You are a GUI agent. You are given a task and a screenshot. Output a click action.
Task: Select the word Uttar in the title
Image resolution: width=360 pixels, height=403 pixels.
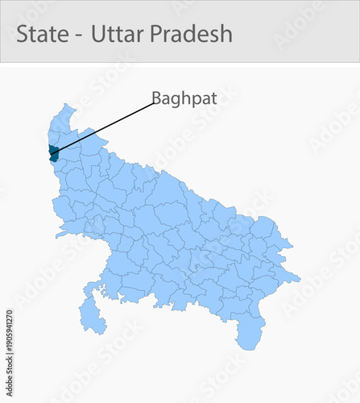[114, 34]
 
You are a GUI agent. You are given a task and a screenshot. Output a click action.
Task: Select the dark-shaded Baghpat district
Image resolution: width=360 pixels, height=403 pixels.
[53, 153]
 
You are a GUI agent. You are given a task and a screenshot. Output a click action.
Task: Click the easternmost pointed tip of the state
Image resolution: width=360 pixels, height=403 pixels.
[300, 280]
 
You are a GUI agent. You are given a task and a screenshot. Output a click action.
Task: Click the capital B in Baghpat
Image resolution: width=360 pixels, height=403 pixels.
[156, 98]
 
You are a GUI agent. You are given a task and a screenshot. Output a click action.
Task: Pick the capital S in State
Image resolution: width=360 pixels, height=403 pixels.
[23, 34]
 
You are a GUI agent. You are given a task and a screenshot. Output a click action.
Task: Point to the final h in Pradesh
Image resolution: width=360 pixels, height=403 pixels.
[226, 34]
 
